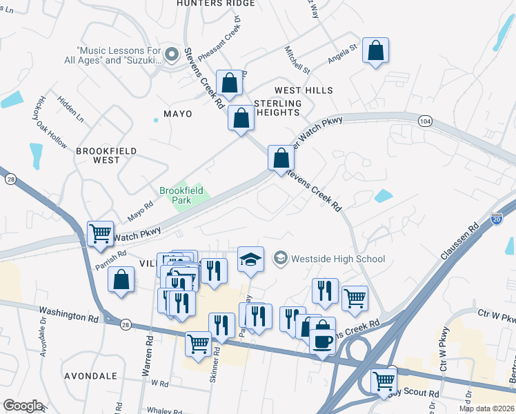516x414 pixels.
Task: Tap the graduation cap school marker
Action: pos(250,259)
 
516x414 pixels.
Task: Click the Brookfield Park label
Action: pos(175,195)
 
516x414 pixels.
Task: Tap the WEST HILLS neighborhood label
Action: pos(304,90)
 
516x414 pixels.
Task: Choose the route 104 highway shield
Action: pos(425,121)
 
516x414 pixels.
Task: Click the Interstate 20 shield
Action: pos(498,219)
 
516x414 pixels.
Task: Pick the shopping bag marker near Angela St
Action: pos(375,50)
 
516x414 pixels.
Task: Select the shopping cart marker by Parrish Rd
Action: pos(100,234)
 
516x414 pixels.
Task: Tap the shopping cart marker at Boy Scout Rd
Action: pos(384,381)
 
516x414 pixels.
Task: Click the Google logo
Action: pos(23,406)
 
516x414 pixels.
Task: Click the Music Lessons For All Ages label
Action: pos(119,55)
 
